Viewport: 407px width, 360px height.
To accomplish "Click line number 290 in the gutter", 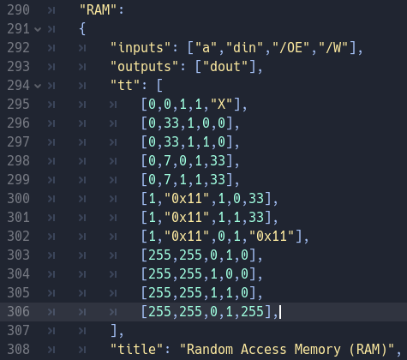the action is click(x=18, y=10).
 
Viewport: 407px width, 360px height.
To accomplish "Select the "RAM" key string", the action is click(x=99, y=10).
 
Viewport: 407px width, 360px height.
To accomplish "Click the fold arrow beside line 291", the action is click(x=38, y=29).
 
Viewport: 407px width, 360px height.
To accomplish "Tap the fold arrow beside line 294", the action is click(x=38, y=86).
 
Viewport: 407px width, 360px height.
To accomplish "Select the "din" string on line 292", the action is click(x=245, y=48).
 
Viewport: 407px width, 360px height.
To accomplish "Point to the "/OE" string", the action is click(x=291, y=48).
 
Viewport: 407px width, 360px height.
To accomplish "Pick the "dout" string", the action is click(x=225, y=67).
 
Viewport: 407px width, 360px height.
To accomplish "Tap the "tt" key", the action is click(x=125, y=86).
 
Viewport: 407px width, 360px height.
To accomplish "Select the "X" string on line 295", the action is click(x=222, y=105).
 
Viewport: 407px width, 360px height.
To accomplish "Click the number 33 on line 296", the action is click(x=171, y=123).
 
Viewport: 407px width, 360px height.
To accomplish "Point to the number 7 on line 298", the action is click(x=168, y=161).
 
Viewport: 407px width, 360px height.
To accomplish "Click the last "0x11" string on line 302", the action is click(x=272, y=237).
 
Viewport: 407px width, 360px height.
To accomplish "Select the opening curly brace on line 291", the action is click(x=82, y=29).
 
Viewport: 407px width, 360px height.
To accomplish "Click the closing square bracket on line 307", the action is click(x=113, y=331).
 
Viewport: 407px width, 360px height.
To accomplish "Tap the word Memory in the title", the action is click(x=318, y=350).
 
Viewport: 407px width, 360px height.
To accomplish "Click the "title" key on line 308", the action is click(x=137, y=350).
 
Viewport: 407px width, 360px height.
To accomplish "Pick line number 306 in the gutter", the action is click(x=18, y=312).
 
